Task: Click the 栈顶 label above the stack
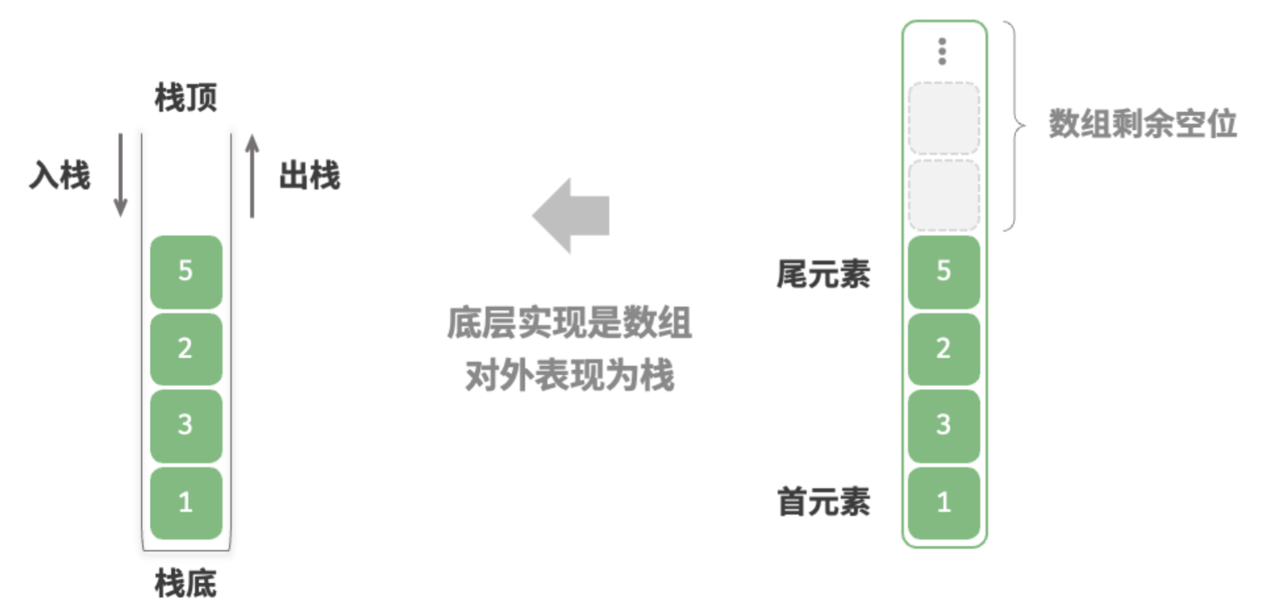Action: [x=186, y=97]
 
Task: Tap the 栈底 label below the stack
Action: [x=186, y=583]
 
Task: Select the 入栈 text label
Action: [x=60, y=175]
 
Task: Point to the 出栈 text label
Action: [x=310, y=175]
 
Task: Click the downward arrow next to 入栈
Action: [x=121, y=175]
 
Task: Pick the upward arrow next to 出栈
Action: [x=253, y=176]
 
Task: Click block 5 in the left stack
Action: [x=186, y=272]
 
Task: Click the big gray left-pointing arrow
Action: [x=571, y=215]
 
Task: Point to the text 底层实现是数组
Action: [x=570, y=322]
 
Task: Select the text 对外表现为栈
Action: [x=570, y=375]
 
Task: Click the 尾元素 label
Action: [x=824, y=274]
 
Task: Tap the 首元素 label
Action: [x=824, y=501]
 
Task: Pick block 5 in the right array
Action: [x=944, y=272]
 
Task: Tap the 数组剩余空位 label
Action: [x=1143, y=124]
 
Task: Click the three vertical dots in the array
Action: [x=942, y=51]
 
